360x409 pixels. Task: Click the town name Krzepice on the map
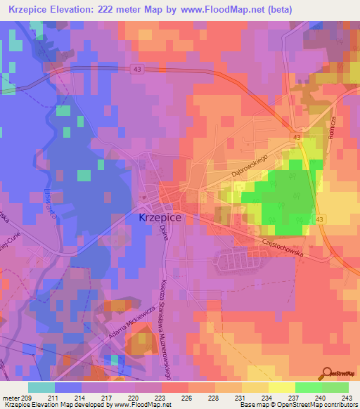(x=156, y=219)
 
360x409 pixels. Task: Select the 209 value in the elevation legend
(x=27, y=398)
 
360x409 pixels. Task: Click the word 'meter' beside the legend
(x=11, y=398)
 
